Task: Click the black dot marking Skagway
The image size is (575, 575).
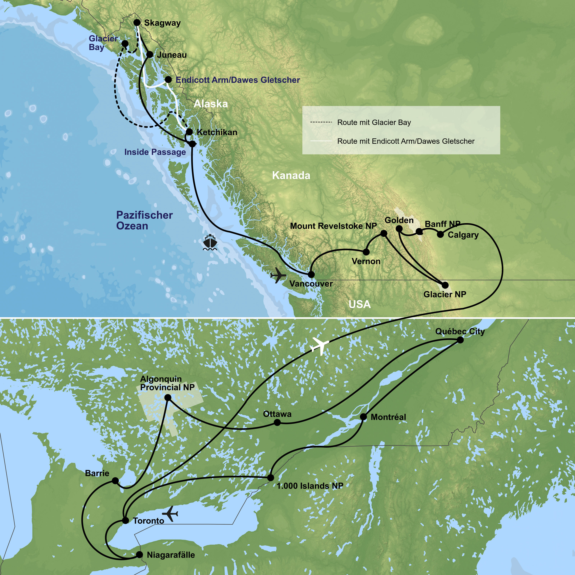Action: point(137,23)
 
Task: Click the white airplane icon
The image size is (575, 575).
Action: point(320,346)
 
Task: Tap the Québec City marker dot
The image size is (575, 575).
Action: point(460,340)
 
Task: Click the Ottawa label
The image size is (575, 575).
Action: point(277,414)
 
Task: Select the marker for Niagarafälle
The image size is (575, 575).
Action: point(139,554)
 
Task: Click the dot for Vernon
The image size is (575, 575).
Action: point(366,252)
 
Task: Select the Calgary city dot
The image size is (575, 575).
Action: point(440,235)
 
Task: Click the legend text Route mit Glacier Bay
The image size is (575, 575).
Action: point(374,122)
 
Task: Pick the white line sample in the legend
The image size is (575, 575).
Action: point(321,141)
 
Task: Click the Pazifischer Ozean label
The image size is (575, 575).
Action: point(144,220)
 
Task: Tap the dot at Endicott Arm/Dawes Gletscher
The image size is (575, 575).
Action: point(168,80)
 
